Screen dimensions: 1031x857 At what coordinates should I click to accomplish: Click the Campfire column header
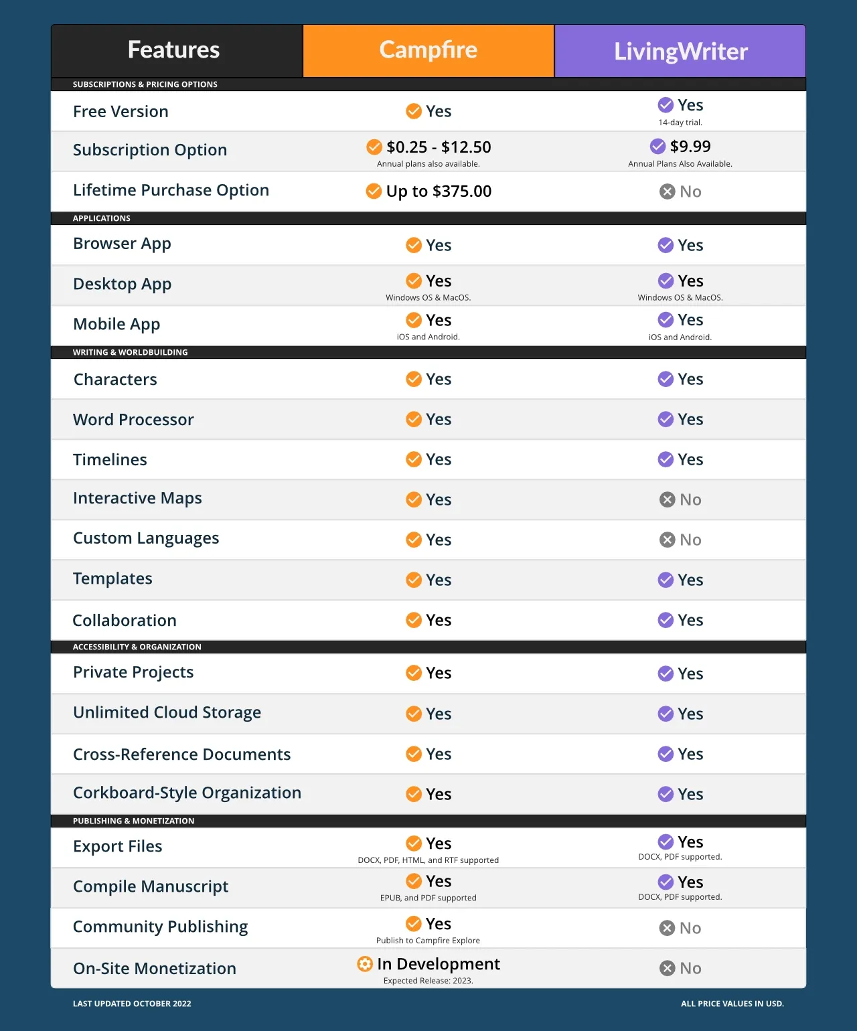[x=428, y=50]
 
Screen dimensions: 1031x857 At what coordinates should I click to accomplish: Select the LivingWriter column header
[x=680, y=52]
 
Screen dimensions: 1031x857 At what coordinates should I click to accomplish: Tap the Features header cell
[x=173, y=50]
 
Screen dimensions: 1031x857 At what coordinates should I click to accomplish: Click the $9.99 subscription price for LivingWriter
[x=690, y=147]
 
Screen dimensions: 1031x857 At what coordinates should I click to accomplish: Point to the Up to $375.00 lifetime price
[x=439, y=191]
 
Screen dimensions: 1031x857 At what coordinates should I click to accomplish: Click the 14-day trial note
[x=680, y=123]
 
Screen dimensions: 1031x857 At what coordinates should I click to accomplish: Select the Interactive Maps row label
[x=137, y=498]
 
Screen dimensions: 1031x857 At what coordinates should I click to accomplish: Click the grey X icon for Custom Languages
[x=667, y=540]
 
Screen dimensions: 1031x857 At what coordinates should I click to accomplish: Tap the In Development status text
[x=438, y=964]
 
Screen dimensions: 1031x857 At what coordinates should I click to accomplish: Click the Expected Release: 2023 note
[x=428, y=981]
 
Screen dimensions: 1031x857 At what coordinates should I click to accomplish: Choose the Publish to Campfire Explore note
[x=428, y=941]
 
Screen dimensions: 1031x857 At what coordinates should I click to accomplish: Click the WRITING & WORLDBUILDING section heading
[x=130, y=352]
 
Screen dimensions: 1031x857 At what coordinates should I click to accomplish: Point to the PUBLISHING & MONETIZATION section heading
[x=133, y=821]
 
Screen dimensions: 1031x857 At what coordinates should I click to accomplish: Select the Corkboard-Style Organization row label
[x=187, y=793]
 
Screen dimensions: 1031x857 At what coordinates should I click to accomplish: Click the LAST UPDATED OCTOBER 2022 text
[x=132, y=1004]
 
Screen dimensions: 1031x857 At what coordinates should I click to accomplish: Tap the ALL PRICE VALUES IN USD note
[x=732, y=1004]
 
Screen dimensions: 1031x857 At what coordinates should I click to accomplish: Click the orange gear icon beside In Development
[x=365, y=964]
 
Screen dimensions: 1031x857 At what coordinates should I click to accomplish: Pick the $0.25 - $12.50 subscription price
[x=439, y=147]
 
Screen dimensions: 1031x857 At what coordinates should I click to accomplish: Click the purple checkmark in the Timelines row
[x=666, y=459]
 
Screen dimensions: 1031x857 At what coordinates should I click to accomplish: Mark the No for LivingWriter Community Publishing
[x=690, y=928]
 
